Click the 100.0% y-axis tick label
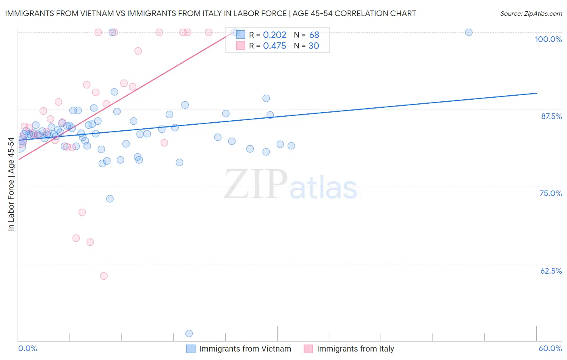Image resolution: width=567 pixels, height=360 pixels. (548, 39)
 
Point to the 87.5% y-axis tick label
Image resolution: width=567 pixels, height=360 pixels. (551, 116)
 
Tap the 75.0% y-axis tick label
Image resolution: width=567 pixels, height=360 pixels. (550, 193)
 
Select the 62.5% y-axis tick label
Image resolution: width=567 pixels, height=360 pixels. (551, 271)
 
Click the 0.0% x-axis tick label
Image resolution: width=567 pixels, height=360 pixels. (27, 349)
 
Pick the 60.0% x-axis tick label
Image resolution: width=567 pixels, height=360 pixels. (550, 349)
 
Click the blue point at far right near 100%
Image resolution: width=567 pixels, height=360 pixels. (469, 32)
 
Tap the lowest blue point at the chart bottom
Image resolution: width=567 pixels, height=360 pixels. (189, 333)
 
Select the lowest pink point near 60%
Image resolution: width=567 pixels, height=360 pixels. (104, 276)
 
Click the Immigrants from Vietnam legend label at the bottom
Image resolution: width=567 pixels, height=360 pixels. (245, 349)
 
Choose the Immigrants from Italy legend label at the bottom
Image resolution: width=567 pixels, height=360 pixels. (355, 349)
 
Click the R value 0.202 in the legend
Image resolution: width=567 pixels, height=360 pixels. (275, 35)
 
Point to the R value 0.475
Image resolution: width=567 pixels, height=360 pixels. (275, 46)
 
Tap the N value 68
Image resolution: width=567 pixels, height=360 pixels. (314, 35)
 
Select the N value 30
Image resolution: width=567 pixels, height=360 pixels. (314, 46)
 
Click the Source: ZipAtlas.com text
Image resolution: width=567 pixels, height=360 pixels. (531, 14)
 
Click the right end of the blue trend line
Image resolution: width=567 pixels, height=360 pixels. (536, 93)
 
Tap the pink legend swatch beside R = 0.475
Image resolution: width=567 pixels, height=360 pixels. (241, 46)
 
